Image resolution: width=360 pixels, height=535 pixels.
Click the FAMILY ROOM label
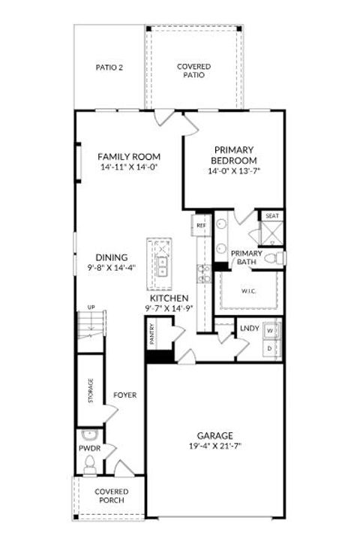coord(130,156)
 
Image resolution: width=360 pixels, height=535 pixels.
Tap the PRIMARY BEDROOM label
coord(234,155)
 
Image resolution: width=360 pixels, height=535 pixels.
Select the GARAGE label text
coord(214,435)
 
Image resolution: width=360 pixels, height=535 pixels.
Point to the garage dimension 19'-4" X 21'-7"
coord(214,446)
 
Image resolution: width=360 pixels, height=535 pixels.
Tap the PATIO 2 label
coord(109,68)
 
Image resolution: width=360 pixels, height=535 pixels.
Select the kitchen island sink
coord(161,262)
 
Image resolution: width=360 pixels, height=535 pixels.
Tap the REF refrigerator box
coord(201,225)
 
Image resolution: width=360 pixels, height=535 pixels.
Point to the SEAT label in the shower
coord(271,216)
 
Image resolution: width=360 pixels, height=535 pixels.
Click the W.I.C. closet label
coord(249,291)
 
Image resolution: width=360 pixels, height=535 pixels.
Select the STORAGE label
coord(91,391)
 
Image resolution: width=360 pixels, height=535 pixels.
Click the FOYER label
coord(124,395)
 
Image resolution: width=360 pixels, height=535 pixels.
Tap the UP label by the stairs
coord(91,307)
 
